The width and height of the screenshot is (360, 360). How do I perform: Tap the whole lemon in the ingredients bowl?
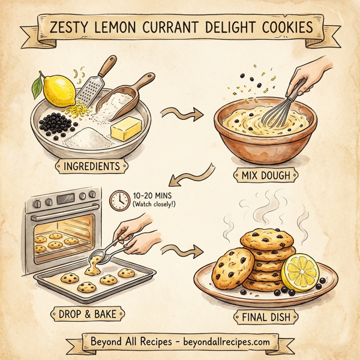(52, 89)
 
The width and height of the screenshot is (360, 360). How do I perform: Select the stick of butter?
(128, 129)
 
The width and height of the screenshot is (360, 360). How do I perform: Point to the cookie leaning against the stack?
(234, 266)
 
